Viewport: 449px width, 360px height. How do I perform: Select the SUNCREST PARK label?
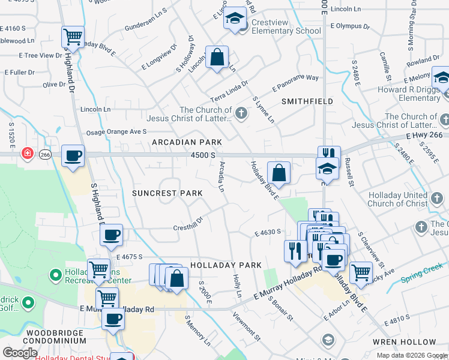point(167,193)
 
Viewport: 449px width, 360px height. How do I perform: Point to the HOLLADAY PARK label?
point(226,265)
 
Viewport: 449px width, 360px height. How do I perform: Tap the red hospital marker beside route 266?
point(27,154)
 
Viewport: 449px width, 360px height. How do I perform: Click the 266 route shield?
point(45,154)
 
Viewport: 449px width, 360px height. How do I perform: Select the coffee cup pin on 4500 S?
point(73,156)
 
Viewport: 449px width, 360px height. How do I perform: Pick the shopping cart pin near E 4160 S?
point(73,37)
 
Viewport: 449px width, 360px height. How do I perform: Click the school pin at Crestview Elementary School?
point(235,19)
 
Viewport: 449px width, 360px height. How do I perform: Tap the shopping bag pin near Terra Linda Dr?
point(217,58)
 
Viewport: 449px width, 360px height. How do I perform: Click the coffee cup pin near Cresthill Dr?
point(111,235)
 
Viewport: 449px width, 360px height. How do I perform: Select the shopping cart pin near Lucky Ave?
point(361,272)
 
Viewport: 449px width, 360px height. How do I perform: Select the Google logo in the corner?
point(20,353)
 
